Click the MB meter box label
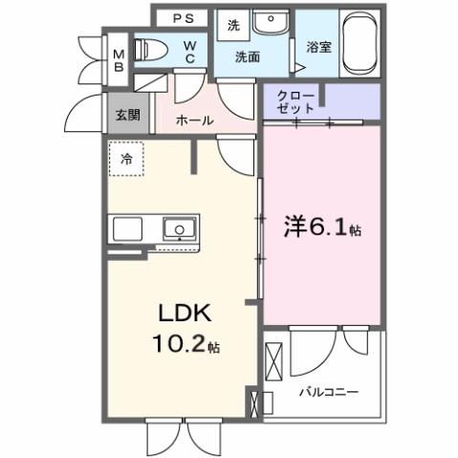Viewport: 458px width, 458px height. [x=119, y=61]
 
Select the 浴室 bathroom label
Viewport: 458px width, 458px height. [x=318, y=46]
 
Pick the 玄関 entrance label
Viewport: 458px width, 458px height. [x=127, y=114]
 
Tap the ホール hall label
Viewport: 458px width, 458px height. [x=195, y=121]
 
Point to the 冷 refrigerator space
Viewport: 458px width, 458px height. [x=126, y=160]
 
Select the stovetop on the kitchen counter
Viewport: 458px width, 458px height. [x=128, y=229]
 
